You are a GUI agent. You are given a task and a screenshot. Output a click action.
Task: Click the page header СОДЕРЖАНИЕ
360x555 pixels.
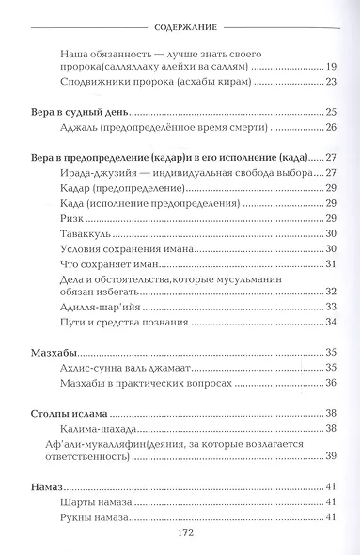point(179,14)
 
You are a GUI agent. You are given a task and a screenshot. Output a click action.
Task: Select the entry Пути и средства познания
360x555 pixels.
point(117,323)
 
